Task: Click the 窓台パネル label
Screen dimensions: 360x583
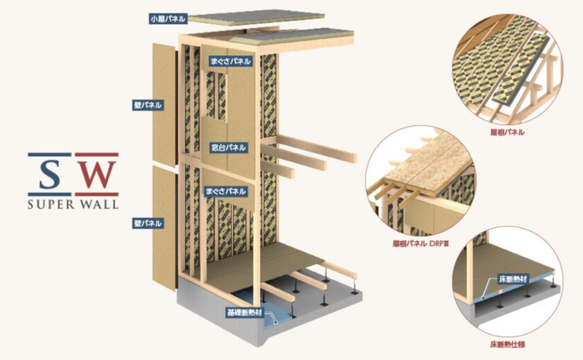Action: tap(228, 145)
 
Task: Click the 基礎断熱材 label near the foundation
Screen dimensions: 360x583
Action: tap(244, 311)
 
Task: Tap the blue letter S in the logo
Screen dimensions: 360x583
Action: tap(50, 175)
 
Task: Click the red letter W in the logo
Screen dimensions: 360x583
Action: tap(97, 175)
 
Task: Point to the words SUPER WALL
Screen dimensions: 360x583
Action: tap(73, 204)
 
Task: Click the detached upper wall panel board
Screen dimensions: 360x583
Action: tap(165, 99)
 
